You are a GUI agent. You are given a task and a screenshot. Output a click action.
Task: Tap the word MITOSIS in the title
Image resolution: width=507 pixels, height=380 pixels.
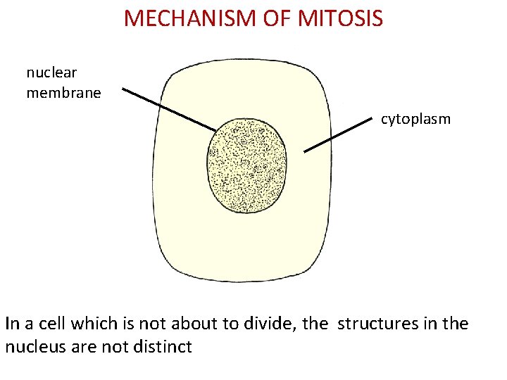tap(341, 18)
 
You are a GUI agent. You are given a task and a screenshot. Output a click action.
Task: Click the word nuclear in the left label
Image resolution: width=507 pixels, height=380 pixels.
tap(51, 72)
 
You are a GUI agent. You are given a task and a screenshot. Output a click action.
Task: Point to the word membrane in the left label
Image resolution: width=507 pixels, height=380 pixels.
tap(63, 92)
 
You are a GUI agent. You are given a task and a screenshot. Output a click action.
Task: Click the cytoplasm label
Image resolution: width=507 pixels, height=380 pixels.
tap(415, 119)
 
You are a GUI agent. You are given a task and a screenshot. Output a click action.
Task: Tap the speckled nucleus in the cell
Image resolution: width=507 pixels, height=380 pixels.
tap(247, 165)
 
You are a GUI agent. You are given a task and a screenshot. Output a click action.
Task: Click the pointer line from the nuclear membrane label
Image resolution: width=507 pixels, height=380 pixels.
tap(169, 109)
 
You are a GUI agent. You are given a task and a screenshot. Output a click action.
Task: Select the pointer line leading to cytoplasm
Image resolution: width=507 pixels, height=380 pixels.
tap(338, 134)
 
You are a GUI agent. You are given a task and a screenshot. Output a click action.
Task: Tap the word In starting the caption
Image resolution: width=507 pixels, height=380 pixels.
tap(12, 324)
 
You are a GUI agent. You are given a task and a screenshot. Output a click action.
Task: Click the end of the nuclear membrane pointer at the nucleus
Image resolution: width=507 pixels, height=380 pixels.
tap(215, 130)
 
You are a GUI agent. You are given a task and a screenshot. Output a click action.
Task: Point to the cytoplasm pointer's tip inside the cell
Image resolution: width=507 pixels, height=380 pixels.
tap(305, 151)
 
